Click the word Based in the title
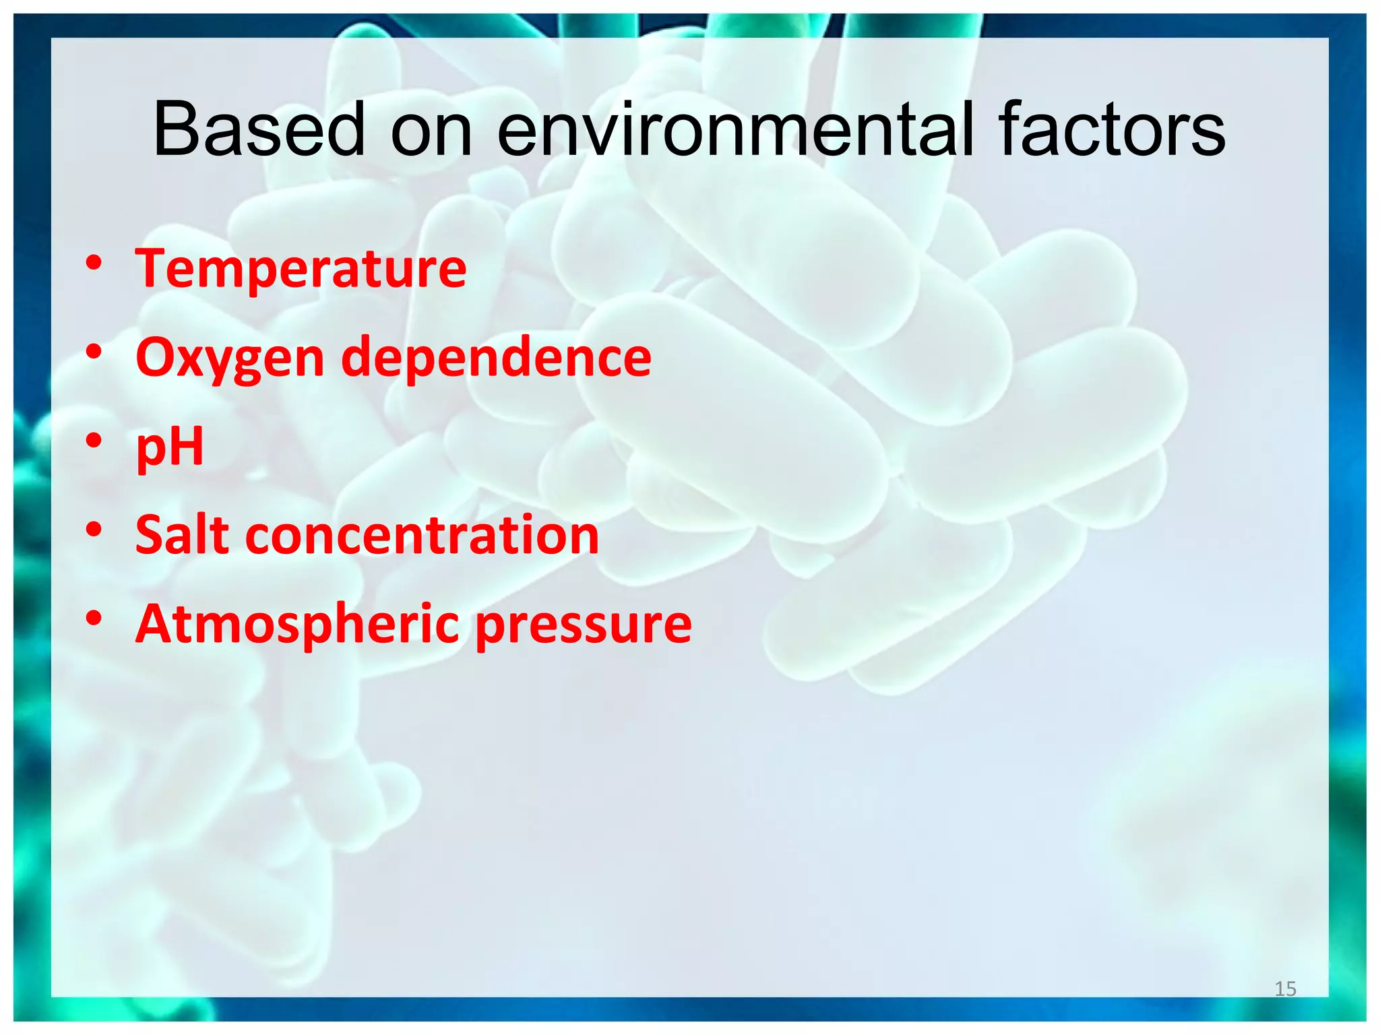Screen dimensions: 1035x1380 [259, 129]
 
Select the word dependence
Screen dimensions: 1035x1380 [497, 357]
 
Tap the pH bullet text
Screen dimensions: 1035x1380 [170, 447]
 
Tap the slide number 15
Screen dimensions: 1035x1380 [1285, 989]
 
